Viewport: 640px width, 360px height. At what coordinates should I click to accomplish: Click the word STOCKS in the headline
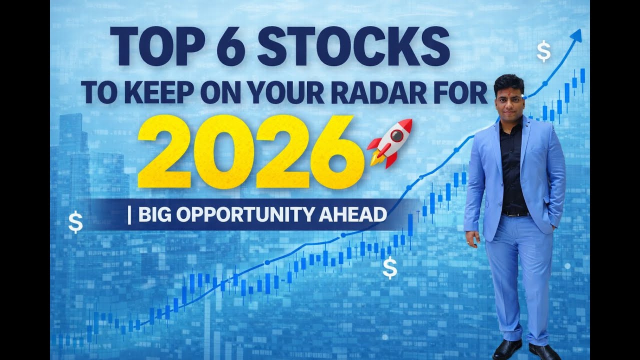354,46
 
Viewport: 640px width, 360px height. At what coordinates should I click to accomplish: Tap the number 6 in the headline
229,46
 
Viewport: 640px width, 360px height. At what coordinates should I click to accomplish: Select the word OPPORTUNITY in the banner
246,214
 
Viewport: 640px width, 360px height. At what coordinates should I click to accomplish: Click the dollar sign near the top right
543,51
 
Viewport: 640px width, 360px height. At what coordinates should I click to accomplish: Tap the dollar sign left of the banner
75,222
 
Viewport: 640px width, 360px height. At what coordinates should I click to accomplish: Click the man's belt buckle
509,214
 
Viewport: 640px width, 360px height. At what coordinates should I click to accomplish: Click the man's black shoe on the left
506,348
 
